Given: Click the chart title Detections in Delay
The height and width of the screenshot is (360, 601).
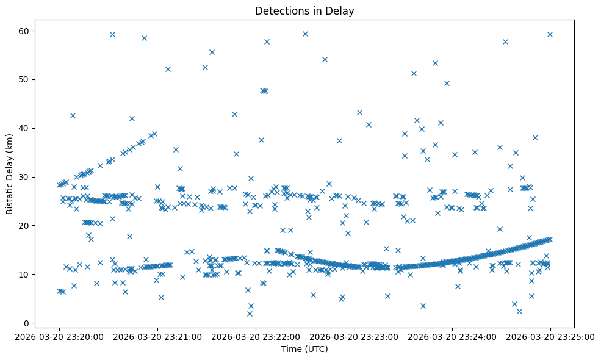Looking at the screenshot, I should coord(304,11).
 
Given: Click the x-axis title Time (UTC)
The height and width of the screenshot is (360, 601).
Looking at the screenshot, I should coord(304,349).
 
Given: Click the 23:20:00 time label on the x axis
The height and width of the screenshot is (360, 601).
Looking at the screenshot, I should coord(59,336).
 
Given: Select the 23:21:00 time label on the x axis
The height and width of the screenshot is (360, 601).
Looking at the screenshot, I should coord(157,336).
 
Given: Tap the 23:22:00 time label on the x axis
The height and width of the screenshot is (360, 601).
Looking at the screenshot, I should coord(256,336).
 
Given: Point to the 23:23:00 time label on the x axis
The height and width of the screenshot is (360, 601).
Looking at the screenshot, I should coord(354,336).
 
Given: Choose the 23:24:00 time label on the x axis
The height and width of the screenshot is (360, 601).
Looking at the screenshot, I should coord(452,336).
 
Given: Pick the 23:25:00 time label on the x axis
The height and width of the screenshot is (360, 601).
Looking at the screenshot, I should coord(550,336).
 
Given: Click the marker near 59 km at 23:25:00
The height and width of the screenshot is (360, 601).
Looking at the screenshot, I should coord(550,34).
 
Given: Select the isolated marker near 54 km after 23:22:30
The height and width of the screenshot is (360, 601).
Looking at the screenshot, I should coord(325,59).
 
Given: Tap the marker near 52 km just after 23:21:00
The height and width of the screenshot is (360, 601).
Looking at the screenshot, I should coord(168,69).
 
